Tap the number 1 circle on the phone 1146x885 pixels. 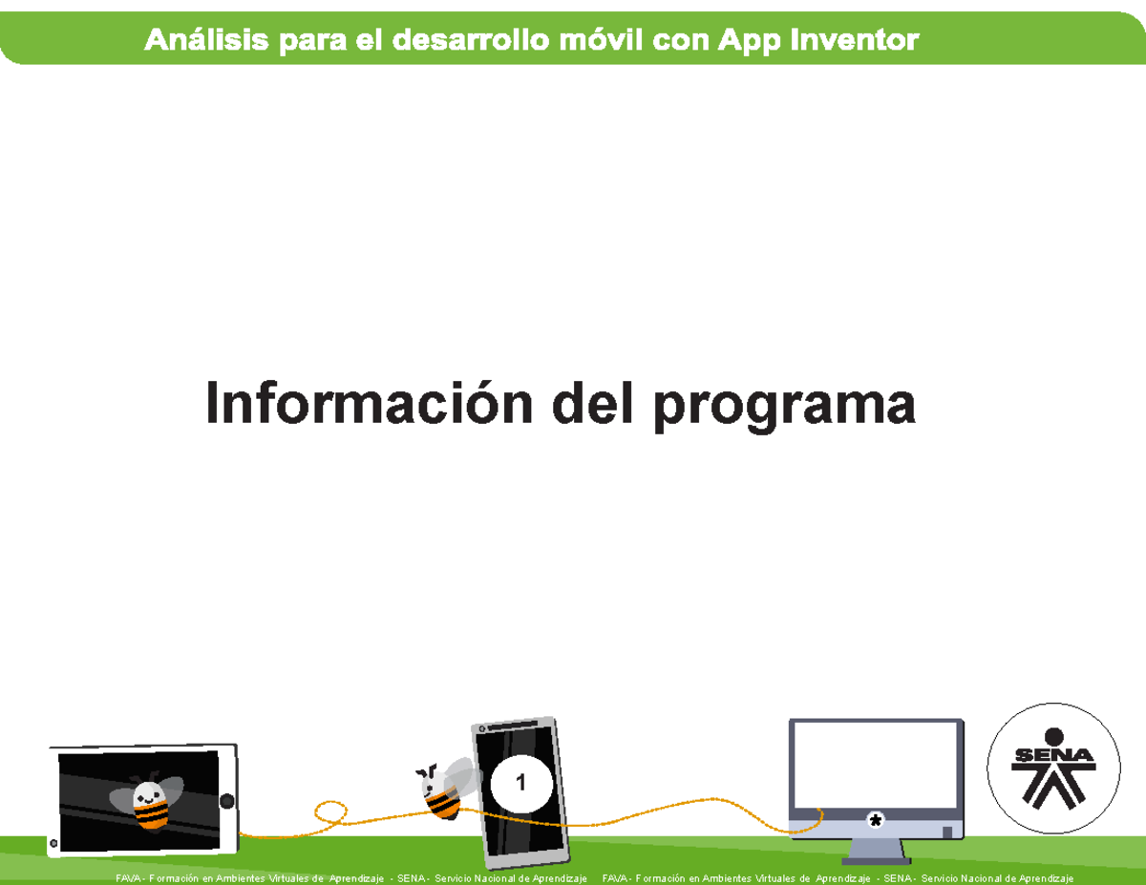click(520, 784)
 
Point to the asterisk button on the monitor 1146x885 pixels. click(874, 820)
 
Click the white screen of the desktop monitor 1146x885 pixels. click(875, 764)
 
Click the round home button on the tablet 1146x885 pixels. click(226, 801)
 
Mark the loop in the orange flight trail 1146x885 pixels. click(330, 813)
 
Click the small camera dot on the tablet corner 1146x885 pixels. click(53, 844)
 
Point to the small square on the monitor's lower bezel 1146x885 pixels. click(946, 832)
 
